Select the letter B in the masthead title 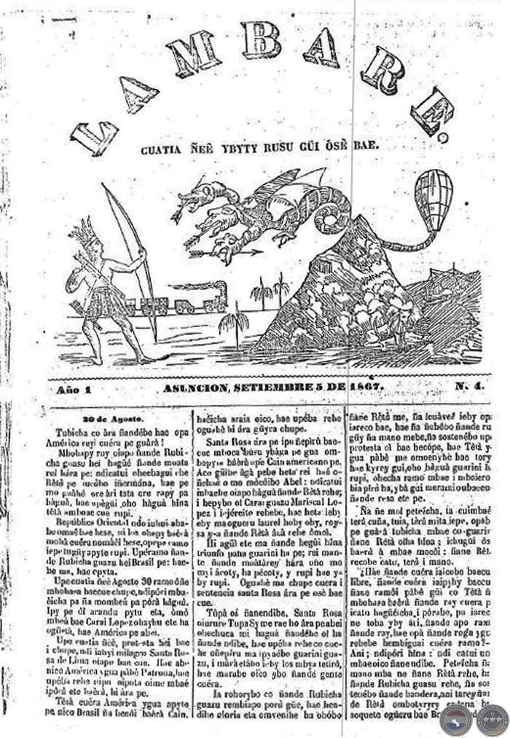(260, 40)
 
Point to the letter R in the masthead (382, 70)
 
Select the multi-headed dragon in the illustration (255, 211)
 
